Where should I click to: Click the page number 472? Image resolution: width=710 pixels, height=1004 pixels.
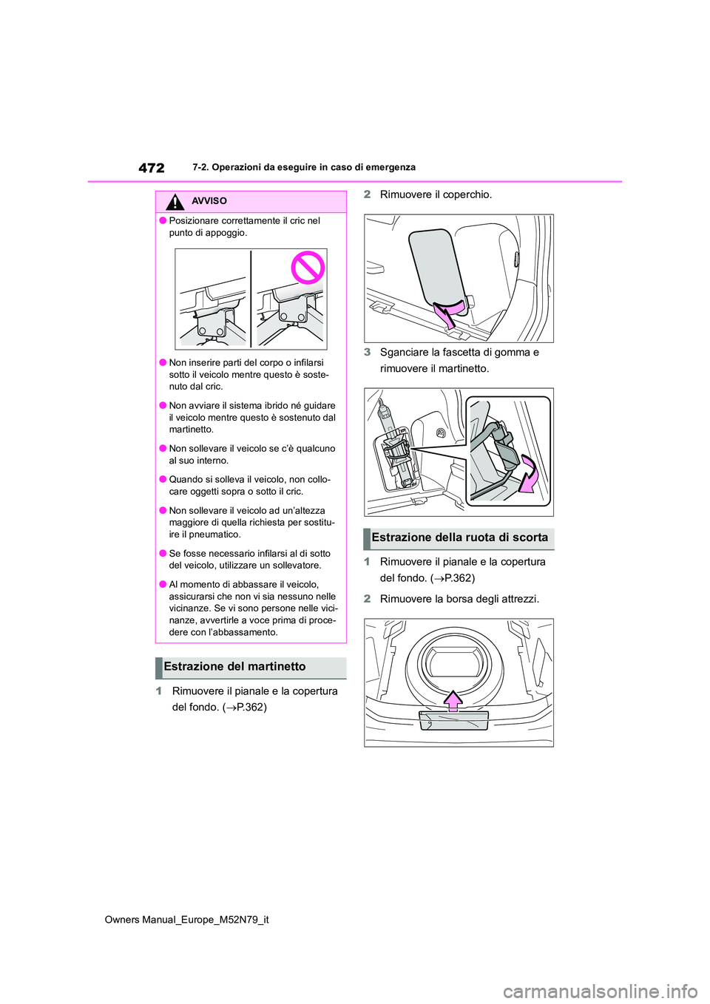tap(152, 168)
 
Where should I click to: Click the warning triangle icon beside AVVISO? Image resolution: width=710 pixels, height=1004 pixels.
tap(175, 202)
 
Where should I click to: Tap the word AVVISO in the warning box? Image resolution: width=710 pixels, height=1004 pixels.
tap(209, 201)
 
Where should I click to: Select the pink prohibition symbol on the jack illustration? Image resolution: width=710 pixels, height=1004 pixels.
tap(308, 268)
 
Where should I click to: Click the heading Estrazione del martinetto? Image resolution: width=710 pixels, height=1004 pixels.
tap(234, 667)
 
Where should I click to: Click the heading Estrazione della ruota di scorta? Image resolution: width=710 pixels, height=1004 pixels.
tap(459, 537)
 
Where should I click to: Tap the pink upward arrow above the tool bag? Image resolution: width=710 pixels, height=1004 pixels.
tap(453, 699)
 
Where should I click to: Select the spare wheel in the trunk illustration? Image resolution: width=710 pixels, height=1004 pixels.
tap(453, 661)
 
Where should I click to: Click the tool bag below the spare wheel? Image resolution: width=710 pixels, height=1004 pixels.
tap(453, 720)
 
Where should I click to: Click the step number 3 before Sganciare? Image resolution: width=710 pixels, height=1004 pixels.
tap(367, 353)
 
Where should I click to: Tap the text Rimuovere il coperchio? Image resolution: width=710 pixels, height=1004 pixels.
tap(436, 194)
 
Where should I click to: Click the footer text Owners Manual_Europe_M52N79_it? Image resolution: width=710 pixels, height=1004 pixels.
tap(186, 920)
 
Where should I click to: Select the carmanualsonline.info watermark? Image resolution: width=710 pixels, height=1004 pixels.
tap(600, 991)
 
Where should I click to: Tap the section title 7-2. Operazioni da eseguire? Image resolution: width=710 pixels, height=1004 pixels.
tap(303, 168)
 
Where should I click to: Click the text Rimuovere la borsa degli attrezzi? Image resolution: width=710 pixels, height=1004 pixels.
tap(459, 599)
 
